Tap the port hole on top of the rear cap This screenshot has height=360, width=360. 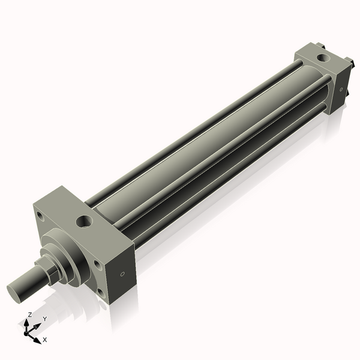click(x=323, y=59)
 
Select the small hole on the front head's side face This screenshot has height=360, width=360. click(x=123, y=275)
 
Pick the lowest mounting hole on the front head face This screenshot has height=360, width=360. click(x=100, y=293)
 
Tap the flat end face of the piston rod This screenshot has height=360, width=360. click(x=16, y=291)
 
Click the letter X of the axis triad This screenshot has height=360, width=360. click(x=45, y=340)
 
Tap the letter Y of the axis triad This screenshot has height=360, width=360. click(x=44, y=319)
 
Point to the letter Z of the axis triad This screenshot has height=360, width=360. click(x=30, y=314)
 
